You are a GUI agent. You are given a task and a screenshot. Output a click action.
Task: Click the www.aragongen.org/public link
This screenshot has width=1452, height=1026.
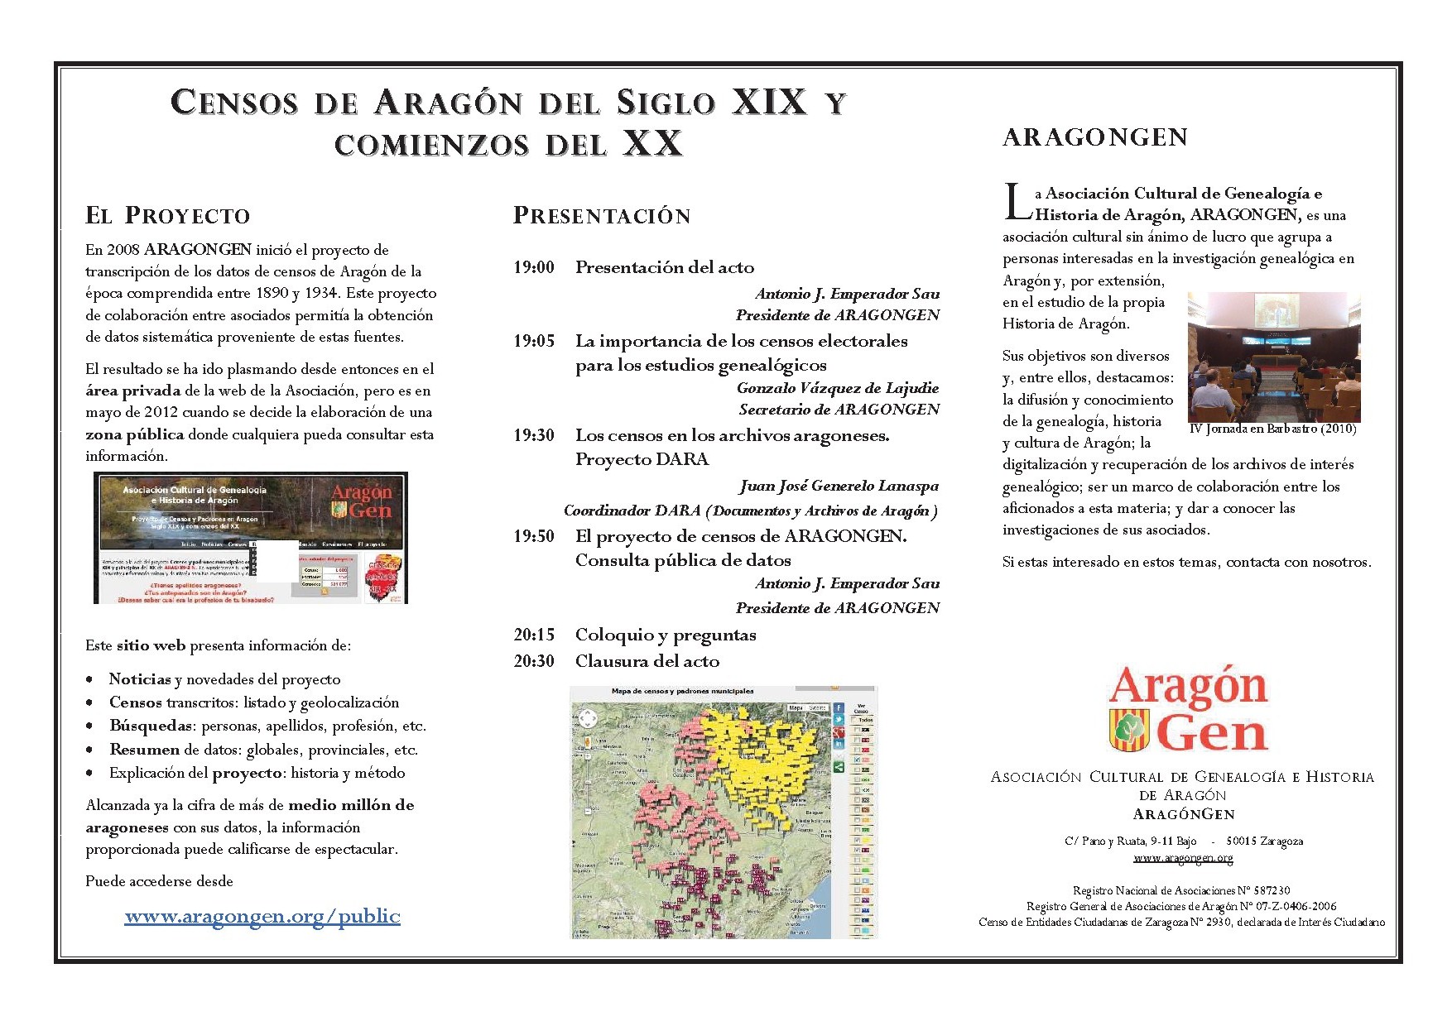[x=262, y=916]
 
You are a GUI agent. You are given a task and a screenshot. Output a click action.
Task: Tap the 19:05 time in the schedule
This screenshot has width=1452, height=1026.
[x=533, y=341]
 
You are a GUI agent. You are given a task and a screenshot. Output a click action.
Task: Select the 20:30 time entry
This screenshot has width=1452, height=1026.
[x=533, y=661]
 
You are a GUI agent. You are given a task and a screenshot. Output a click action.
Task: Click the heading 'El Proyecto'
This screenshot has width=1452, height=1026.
[x=168, y=216]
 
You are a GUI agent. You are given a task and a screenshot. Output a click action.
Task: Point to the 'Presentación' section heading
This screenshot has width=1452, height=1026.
[x=602, y=216]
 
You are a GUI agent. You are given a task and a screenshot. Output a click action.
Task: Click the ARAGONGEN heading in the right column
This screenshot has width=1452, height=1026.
[x=1095, y=137]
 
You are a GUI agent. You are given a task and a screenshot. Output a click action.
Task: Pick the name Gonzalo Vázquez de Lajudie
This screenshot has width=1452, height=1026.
[x=838, y=388]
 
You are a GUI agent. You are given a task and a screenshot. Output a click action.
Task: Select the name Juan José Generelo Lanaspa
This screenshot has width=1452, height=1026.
[x=839, y=486]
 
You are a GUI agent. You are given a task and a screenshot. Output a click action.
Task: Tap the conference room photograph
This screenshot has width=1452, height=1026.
[x=1273, y=357]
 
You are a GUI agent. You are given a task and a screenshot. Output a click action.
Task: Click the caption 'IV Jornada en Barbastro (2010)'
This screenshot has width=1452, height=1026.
[x=1272, y=429]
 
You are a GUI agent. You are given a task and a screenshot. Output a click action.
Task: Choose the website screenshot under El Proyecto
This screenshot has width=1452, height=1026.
[x=251, y=538]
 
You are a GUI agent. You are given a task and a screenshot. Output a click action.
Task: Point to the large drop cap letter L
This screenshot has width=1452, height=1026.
[x=1017, y=203]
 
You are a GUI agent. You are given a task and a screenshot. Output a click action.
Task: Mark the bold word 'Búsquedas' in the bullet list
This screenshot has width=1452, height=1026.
[x=150, y=726]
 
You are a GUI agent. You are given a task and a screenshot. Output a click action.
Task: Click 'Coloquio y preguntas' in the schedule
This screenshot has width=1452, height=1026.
[x=666, y=635]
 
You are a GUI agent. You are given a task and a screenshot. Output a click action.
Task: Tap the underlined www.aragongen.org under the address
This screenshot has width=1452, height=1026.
[x=1183, y=858]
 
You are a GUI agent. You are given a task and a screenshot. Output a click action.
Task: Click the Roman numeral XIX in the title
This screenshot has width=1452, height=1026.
[x=769, y=102]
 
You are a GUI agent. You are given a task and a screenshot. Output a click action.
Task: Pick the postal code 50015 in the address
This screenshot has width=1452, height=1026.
[x=1242, y=841]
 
